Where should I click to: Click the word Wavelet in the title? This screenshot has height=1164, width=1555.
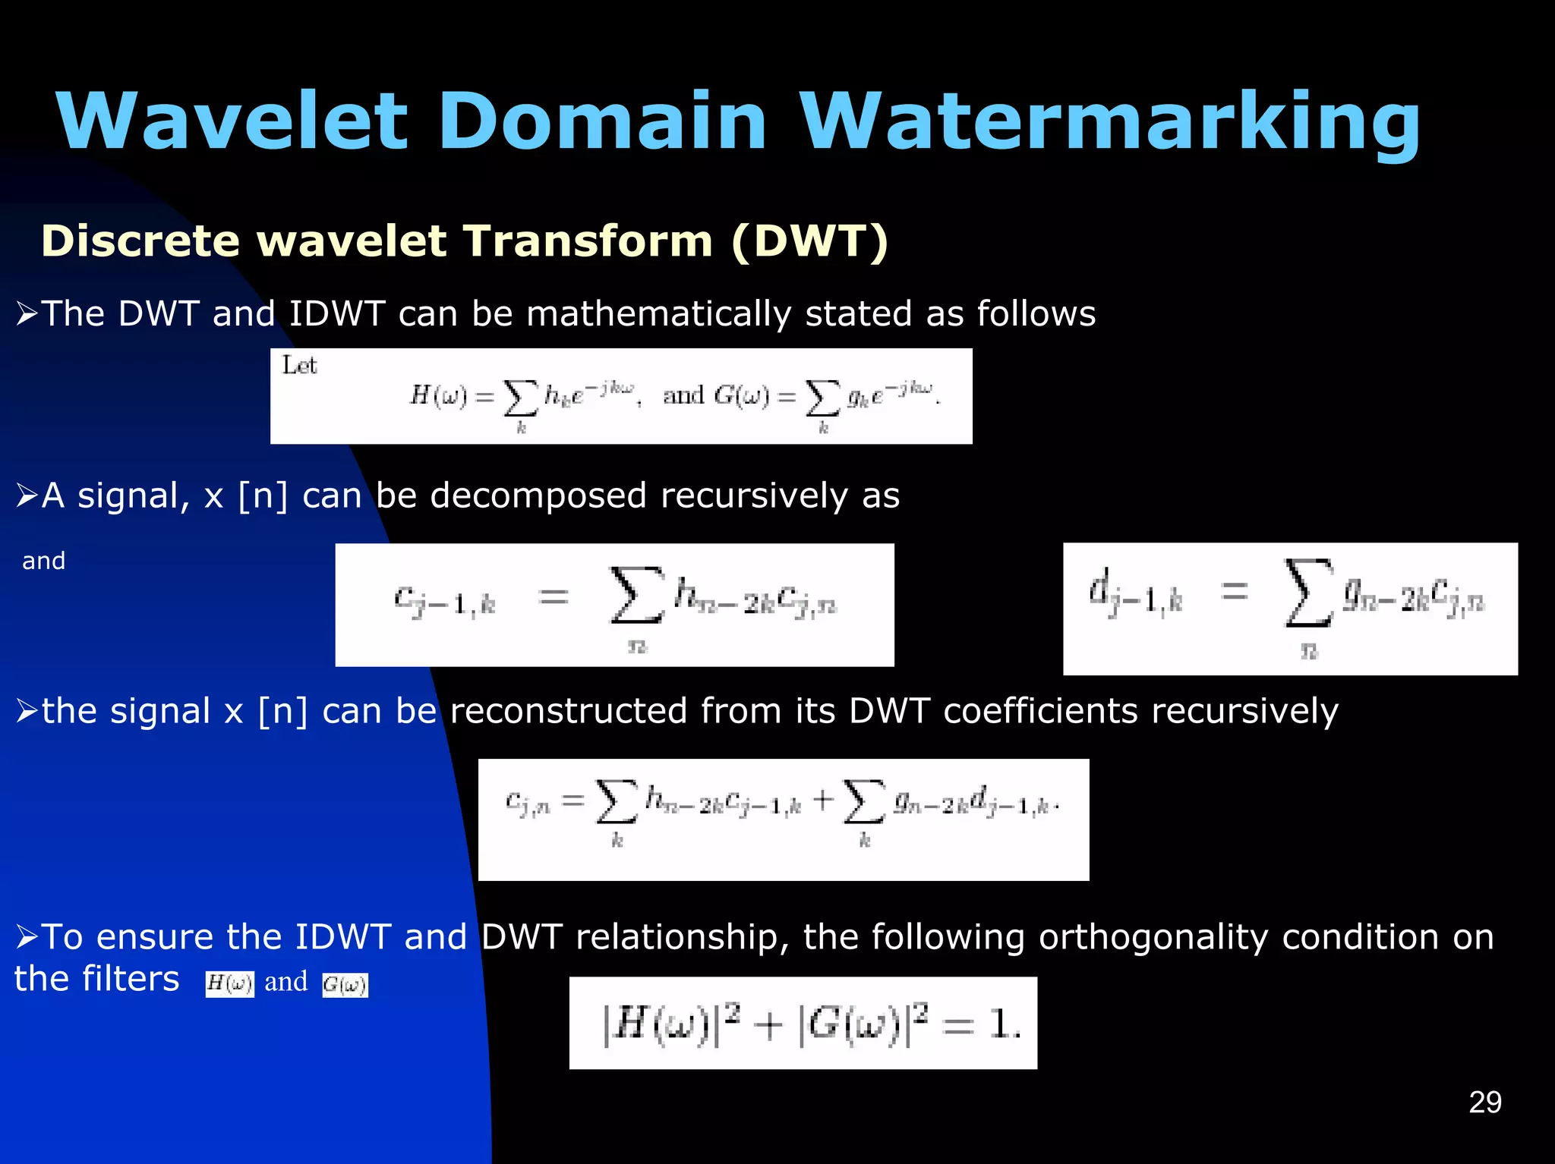coord(232,121)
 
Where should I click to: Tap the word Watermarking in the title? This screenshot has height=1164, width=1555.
coord(1109,121)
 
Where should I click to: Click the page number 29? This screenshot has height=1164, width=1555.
coord(1484,1102)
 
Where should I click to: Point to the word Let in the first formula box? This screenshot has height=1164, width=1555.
coord(299,366)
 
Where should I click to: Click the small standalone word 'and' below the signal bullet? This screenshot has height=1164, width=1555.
coord(43,561)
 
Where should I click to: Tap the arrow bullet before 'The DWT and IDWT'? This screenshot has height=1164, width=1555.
coord(27,313)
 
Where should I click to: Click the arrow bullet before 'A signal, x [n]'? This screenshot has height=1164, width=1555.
coord(27,495)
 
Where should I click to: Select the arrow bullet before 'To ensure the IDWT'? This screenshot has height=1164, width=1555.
coord(27,937)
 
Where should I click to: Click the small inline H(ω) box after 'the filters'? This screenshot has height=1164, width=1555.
coord(229,984)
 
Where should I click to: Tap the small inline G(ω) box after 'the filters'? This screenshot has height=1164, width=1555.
coord(345,985)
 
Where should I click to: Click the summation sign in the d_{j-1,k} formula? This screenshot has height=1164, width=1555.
coord(1307,593)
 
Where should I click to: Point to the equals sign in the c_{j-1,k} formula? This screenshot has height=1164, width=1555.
coord(554,596)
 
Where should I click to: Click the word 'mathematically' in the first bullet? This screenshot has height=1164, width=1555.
coord(658,314)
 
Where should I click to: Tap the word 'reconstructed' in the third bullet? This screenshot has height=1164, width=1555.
coord(568,711)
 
